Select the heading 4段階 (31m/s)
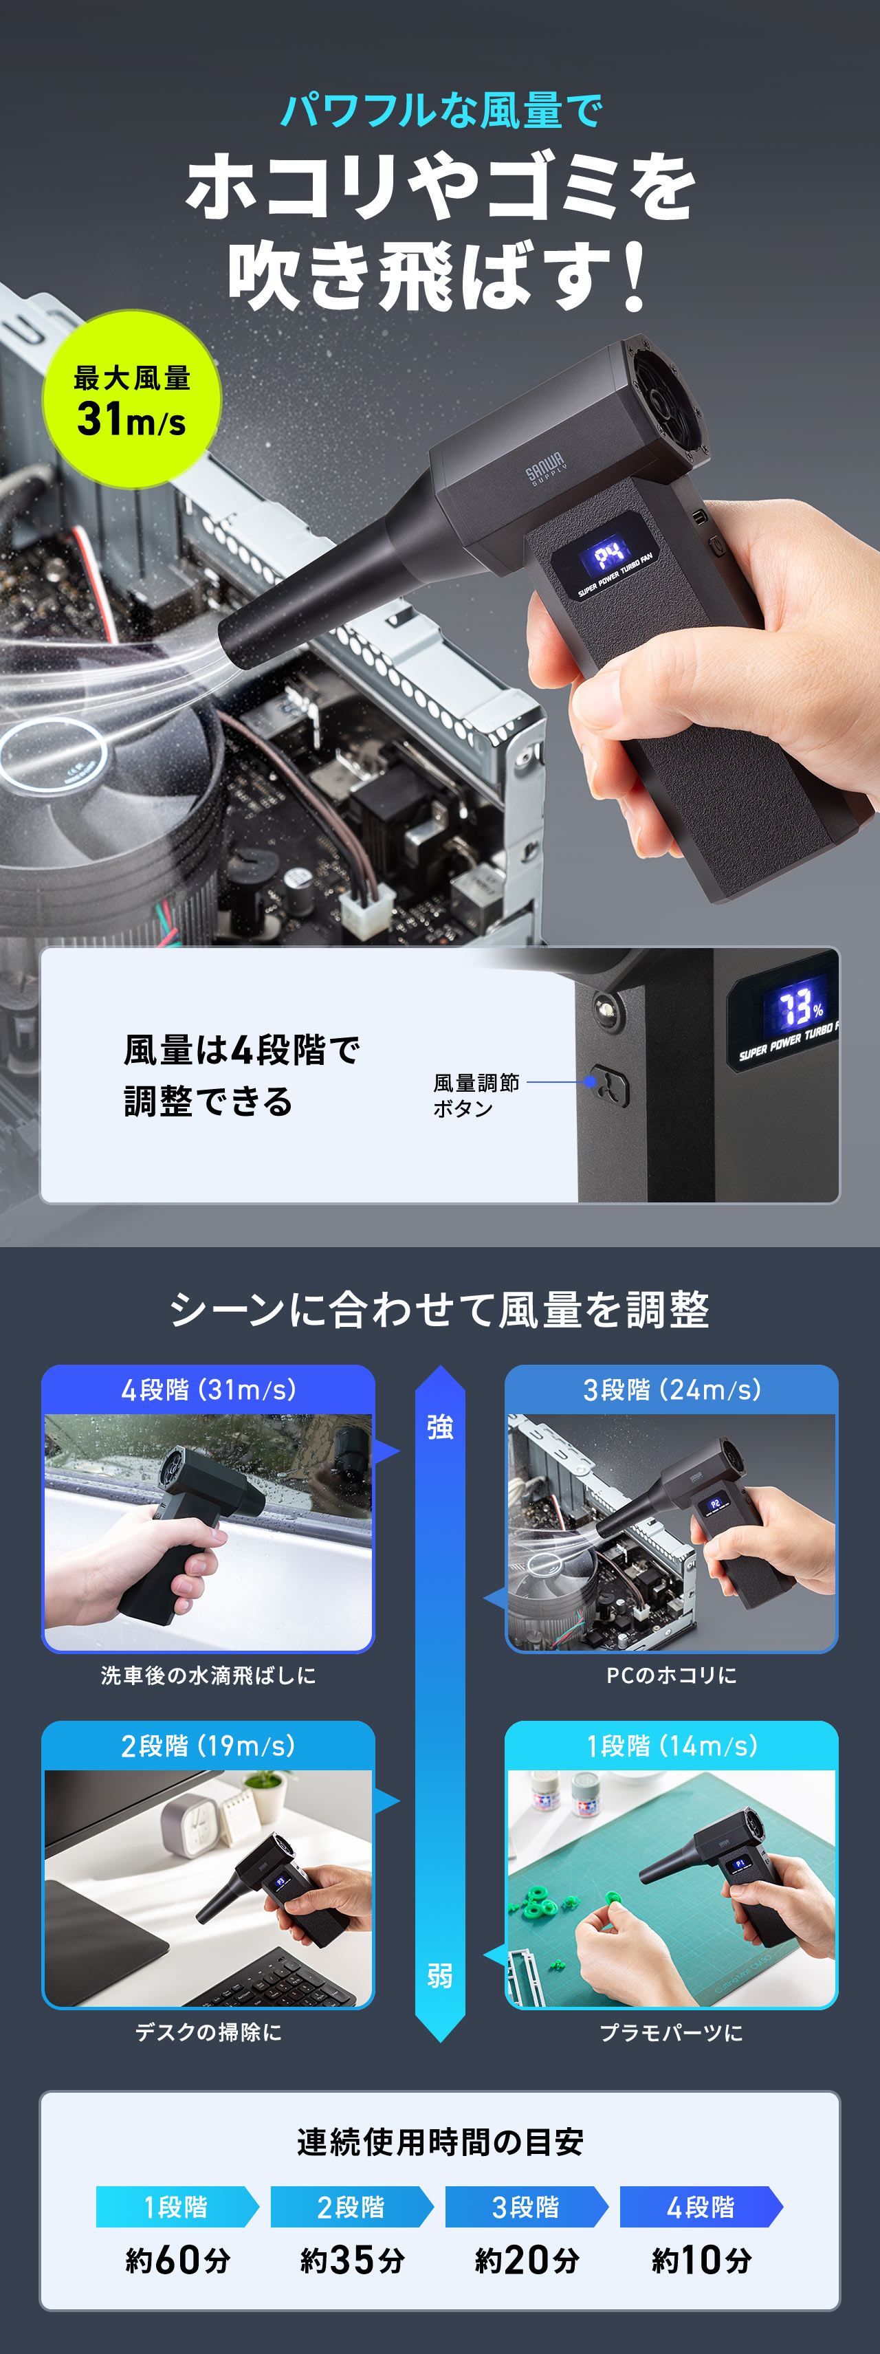coord(208,1390)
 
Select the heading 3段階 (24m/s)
coord(672,1390)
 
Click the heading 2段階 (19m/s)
coord(208,1746)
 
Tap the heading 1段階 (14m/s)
coord(672,1746)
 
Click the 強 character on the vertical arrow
coord(439,1427)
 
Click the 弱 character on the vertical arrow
coord(439,1977)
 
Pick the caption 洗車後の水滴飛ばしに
coord(208,1675)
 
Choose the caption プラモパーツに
coord(672,2032)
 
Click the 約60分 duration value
coord(177,2260)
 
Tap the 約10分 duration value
coord(701,2260)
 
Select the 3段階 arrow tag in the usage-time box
coord(525,2207)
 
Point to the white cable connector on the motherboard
coord(367,910)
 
